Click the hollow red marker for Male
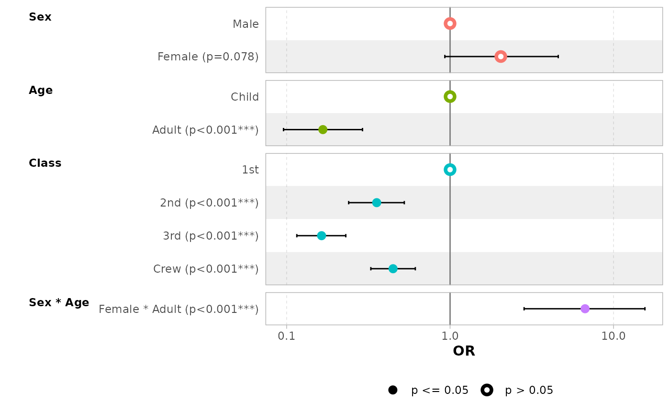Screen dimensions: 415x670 point(450,23)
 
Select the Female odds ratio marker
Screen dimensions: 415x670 point(501,57)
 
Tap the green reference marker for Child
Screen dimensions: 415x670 point(450,96)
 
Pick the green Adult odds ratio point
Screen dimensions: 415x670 point(323,129)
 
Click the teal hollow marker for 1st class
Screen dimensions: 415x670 point(450,170)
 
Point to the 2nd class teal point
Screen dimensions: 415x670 point(377,203)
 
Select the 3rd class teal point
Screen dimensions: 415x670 point(321,236)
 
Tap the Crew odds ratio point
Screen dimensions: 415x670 point(393,268)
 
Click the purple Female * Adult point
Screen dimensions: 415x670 point(585,309)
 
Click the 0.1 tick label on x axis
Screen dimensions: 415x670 point(286,336)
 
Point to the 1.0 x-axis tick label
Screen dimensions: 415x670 point(450,336)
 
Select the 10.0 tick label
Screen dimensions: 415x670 point(614,336)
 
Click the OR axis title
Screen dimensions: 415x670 point(464,351)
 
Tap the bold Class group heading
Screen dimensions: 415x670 point(45,163)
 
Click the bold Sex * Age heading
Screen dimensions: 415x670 point(59,303)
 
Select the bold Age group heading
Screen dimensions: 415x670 point(41,91)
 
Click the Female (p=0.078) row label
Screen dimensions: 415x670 point(208,57)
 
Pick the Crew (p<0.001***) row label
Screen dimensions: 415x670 point(206,269)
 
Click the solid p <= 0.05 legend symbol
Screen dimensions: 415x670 point(393,390)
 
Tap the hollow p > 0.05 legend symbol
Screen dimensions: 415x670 point(487,390)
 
